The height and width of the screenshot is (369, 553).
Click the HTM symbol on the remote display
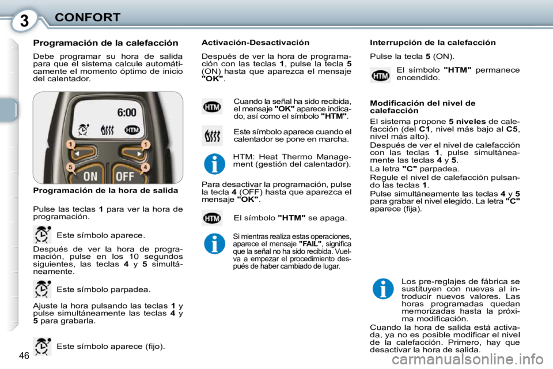(x=132, y=130)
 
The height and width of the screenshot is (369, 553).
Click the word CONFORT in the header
(x=87, y=17)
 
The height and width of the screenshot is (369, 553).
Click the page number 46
(x=24, y=355)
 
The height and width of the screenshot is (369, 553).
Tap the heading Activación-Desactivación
(x=255, y=43)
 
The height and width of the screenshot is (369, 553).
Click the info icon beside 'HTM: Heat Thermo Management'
(x=214, y=163)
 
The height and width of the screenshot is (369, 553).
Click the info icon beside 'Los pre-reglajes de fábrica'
(x=382, y=288)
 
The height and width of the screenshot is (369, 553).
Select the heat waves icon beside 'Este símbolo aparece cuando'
(x=213, y=135)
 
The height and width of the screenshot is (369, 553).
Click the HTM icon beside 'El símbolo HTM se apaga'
(x=213, y=219)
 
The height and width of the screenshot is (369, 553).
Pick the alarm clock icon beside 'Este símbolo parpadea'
(x=42, y=288)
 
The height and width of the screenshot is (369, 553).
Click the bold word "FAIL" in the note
(x=310, y=244)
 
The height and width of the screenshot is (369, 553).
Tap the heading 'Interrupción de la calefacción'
(x=432, y=43)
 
